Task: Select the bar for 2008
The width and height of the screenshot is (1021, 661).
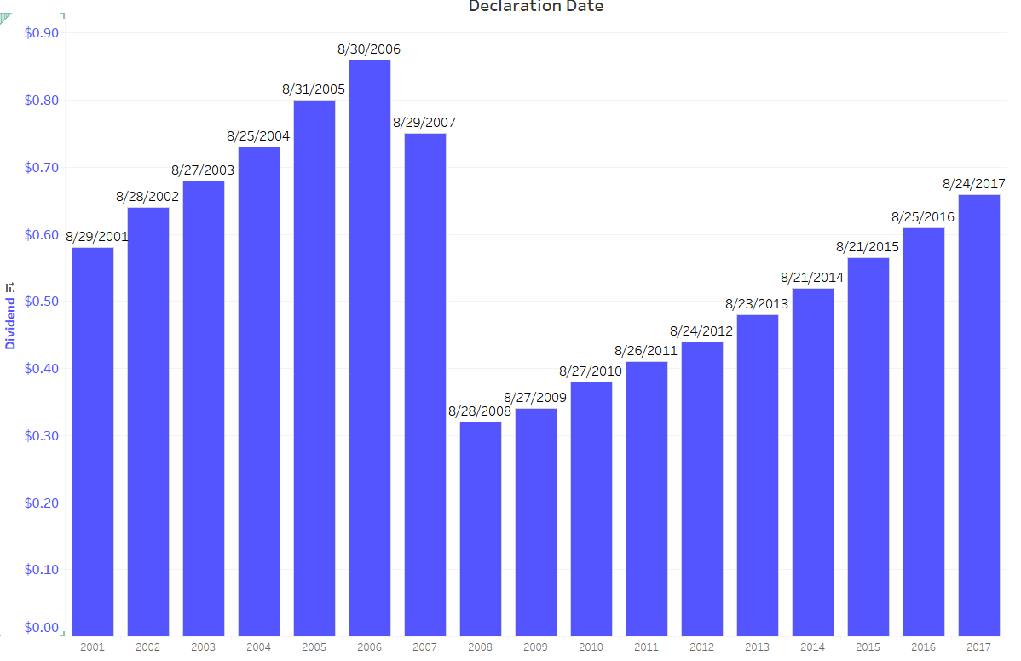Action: [x=480, y=528]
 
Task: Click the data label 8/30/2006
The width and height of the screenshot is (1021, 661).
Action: [x=369, y=49]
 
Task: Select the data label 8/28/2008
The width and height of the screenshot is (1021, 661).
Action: [x=480, y=411]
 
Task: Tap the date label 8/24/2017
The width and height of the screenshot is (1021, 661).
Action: [x=973, y=183]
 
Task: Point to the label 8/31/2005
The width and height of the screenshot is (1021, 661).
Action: [x=314, y=89]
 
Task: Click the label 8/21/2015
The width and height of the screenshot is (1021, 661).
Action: [x=868, y=247]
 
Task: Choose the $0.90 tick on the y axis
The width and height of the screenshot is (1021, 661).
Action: [x=42, y=33]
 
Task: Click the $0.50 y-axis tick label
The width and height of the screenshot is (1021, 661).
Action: [x=42, y=302]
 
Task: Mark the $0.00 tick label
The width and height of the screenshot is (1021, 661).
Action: [x=42, y=628]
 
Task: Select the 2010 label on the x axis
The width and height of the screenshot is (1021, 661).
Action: [x=591, y=647]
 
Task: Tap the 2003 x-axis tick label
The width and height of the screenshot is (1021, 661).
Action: [x=203, y=647]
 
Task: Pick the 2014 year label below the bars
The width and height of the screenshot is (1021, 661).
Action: [x=812, y=647]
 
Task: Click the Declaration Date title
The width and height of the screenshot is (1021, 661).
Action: [x=535, y=7]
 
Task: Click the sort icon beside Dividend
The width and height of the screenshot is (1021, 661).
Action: [x=10, y=288]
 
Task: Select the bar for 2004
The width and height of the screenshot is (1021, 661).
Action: [x=258, y=391]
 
